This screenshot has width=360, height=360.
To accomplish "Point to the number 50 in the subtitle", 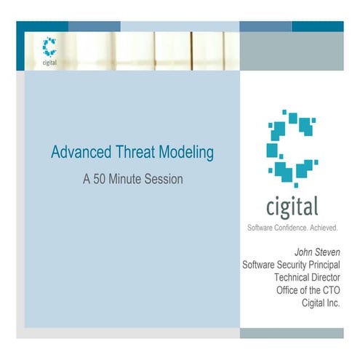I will [x=101, y=178].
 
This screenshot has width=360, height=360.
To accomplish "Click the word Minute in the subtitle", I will [x=129, y=178].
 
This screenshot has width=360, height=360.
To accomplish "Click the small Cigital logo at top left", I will [x=49, y=47].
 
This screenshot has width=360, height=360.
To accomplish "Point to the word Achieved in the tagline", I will [x=323, y=228].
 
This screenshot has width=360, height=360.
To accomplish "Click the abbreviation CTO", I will [x=329, y=289].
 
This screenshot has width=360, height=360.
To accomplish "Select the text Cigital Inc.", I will [x=321, y=302].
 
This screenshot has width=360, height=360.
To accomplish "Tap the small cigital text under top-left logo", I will [x=49, y=62].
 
